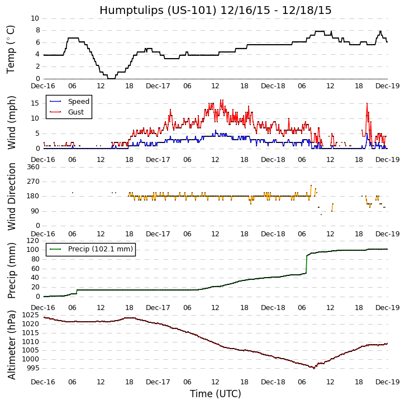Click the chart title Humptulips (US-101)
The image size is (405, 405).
coord(215,11)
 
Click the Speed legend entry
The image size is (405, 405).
coord(78,102)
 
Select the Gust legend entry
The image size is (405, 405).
coord(77,112)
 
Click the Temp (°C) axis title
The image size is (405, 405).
coord(11,49)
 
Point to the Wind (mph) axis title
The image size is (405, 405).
coord(11,122)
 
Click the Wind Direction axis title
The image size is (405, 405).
coord(11,197)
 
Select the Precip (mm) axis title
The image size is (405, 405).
coord(11,269)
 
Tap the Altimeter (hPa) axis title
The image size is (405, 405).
coord(11,344)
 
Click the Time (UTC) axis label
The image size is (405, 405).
coord(215,394)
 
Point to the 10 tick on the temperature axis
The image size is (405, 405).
coord(35,18)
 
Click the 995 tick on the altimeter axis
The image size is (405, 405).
coord(31,368)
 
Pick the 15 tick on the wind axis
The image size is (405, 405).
coord(35,103)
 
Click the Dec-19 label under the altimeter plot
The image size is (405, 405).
coord(387,382)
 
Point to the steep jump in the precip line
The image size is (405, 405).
coord(307,264)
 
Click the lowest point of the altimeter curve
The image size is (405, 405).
coord(314,368)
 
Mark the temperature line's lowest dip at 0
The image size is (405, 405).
coord(111,78)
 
